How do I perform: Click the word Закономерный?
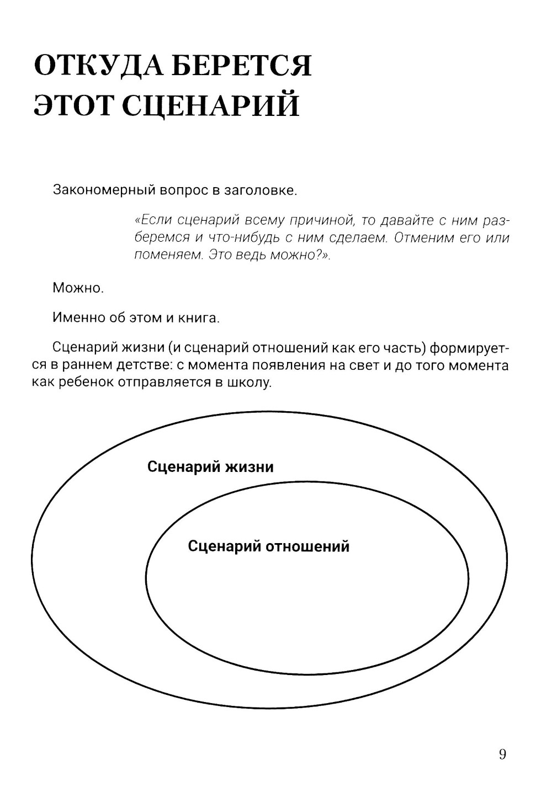(x=104, y=191)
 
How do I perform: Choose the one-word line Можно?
(x=78, y=288)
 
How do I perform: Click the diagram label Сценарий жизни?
(x=210, y=467)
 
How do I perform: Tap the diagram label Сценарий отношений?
(x=269, y=546)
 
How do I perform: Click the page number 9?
(x=502, y=755)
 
